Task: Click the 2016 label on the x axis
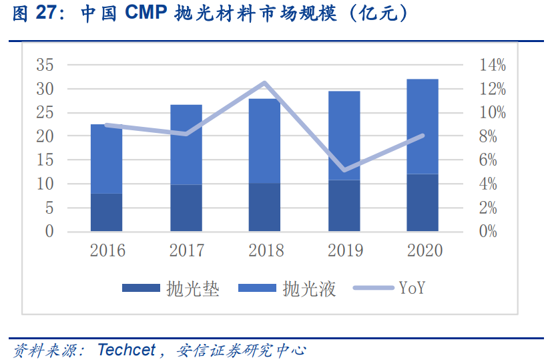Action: [107, 250]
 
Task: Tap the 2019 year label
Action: [345, 250]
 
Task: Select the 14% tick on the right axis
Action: [493, 65]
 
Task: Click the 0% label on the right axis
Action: [493, 232]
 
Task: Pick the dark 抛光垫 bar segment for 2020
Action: [423, 202]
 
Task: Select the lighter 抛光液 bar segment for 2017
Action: [186, 144]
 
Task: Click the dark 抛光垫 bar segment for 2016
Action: [107, 212]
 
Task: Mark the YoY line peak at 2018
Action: [264, 83]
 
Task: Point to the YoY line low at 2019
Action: [344, 170]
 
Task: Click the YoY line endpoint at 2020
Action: [423, 136]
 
